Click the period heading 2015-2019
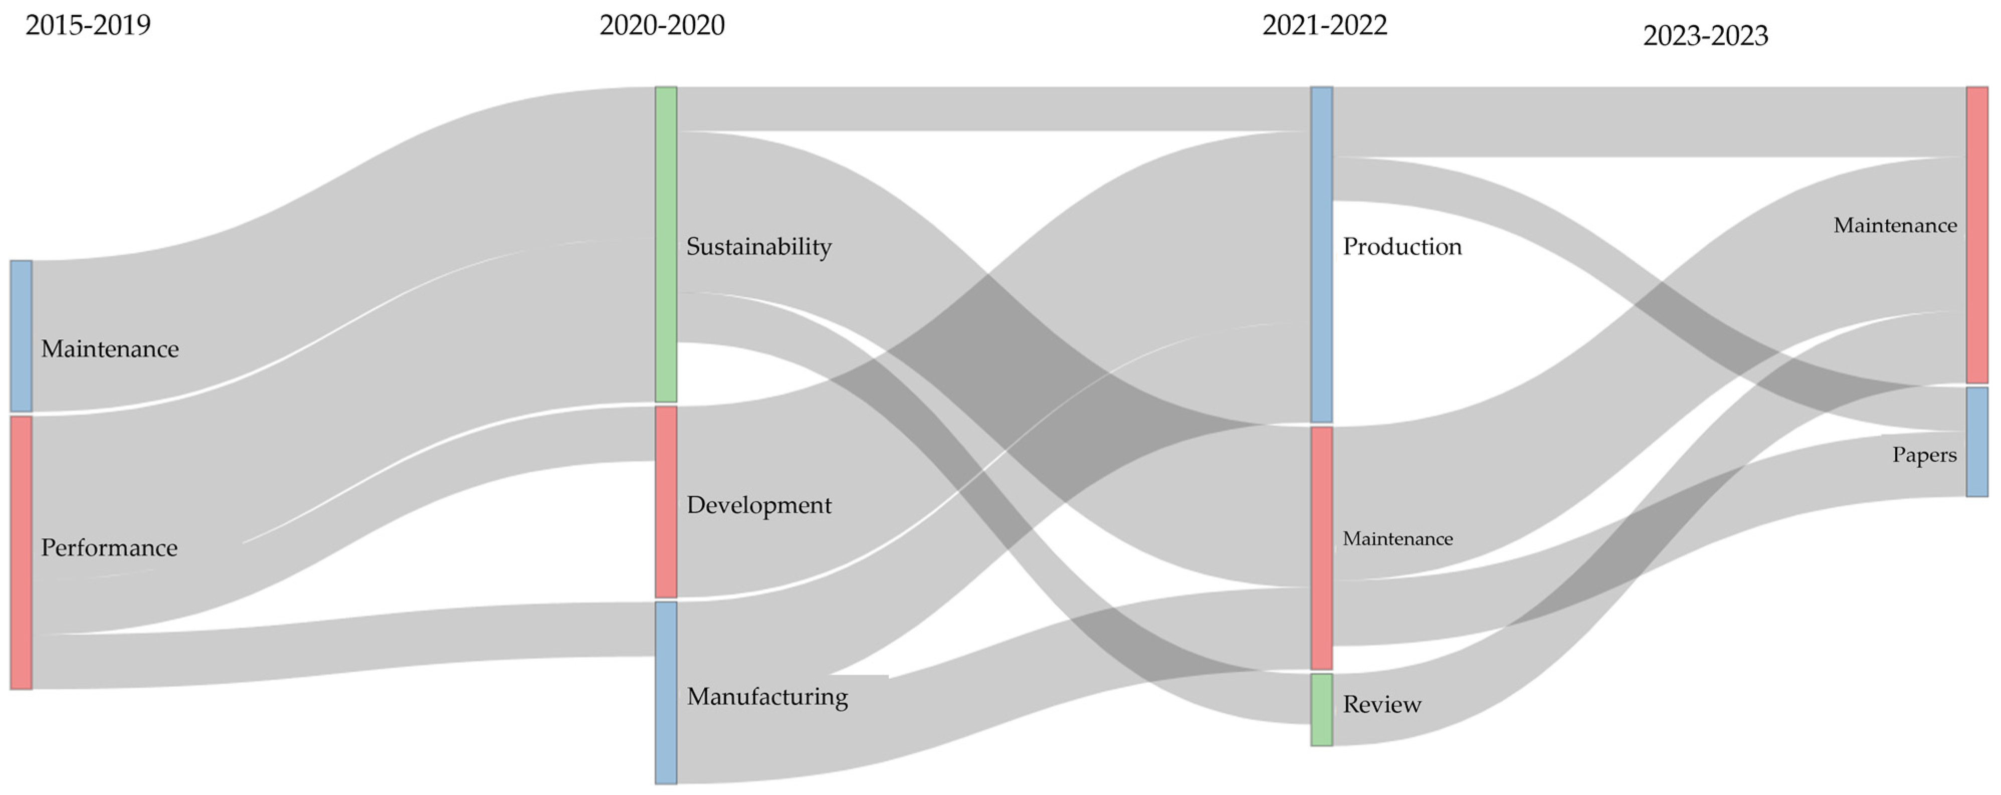88,25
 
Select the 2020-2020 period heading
662,25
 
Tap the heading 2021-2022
1324,25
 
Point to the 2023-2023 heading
1705,36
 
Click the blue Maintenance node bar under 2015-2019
21,336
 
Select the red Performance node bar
21,552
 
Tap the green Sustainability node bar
666,244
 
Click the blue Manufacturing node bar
666,692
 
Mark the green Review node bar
1321,709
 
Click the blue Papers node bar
1977,442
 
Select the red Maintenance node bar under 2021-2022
1321,548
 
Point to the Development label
759,505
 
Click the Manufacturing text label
767,696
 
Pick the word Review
1382,704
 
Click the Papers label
1924,455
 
